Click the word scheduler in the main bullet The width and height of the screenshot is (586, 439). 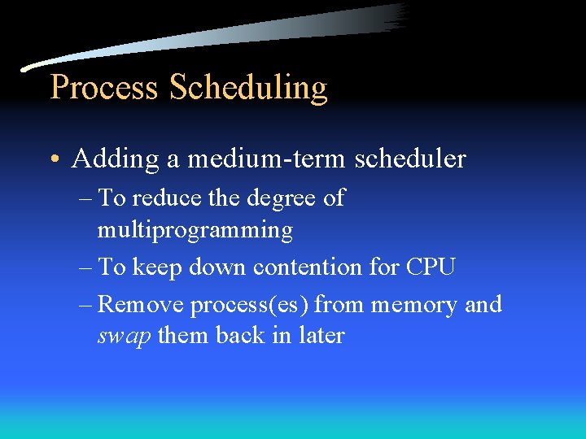click(x=410, y=159)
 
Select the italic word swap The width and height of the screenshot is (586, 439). click(x=124, y=337)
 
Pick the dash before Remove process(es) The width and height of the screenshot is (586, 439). click(x=85, y=306)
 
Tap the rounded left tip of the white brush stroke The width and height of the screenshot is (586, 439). click(x=26, y=67)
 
